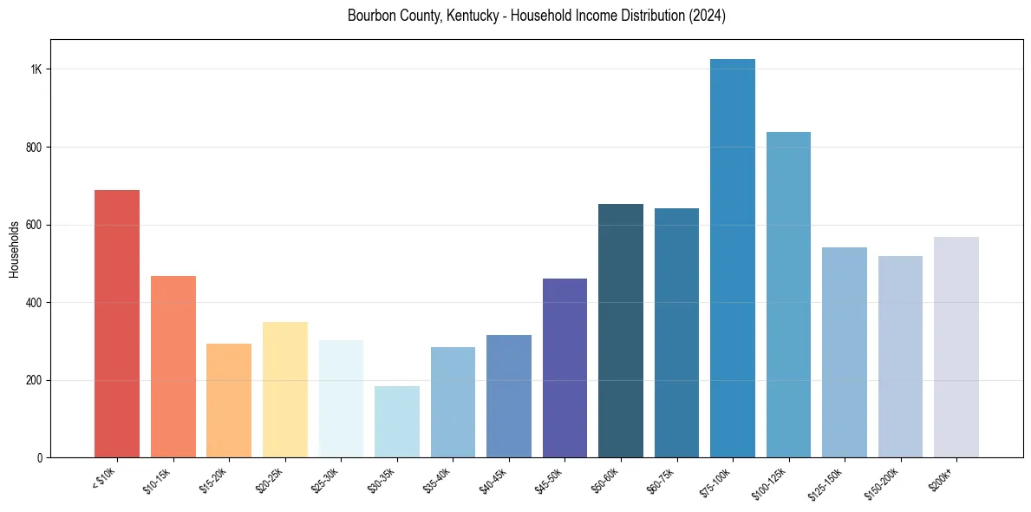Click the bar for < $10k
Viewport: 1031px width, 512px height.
[x=116, y=324]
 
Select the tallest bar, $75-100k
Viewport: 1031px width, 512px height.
[x=732, y=258]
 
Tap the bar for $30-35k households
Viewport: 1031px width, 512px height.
[x=396, y=422]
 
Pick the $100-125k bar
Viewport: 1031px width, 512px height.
[x=788, y=294]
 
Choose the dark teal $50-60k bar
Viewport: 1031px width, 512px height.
[x=620, y=331]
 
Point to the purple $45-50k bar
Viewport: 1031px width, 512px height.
[x=564, y=368]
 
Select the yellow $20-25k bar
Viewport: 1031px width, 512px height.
[x=284, y=390]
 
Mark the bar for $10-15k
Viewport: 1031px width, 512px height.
[x=173, y=366]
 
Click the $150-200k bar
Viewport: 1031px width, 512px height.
[x=900, y=357]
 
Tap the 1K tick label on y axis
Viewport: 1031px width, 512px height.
[x=36, y=69]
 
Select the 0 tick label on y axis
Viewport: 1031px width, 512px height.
[x=40, y=457]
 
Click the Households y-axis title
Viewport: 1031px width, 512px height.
[x=14, y=248]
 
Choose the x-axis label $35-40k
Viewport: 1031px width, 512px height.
[x=437, y=480]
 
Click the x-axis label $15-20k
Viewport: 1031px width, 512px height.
[x=213, y=480]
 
